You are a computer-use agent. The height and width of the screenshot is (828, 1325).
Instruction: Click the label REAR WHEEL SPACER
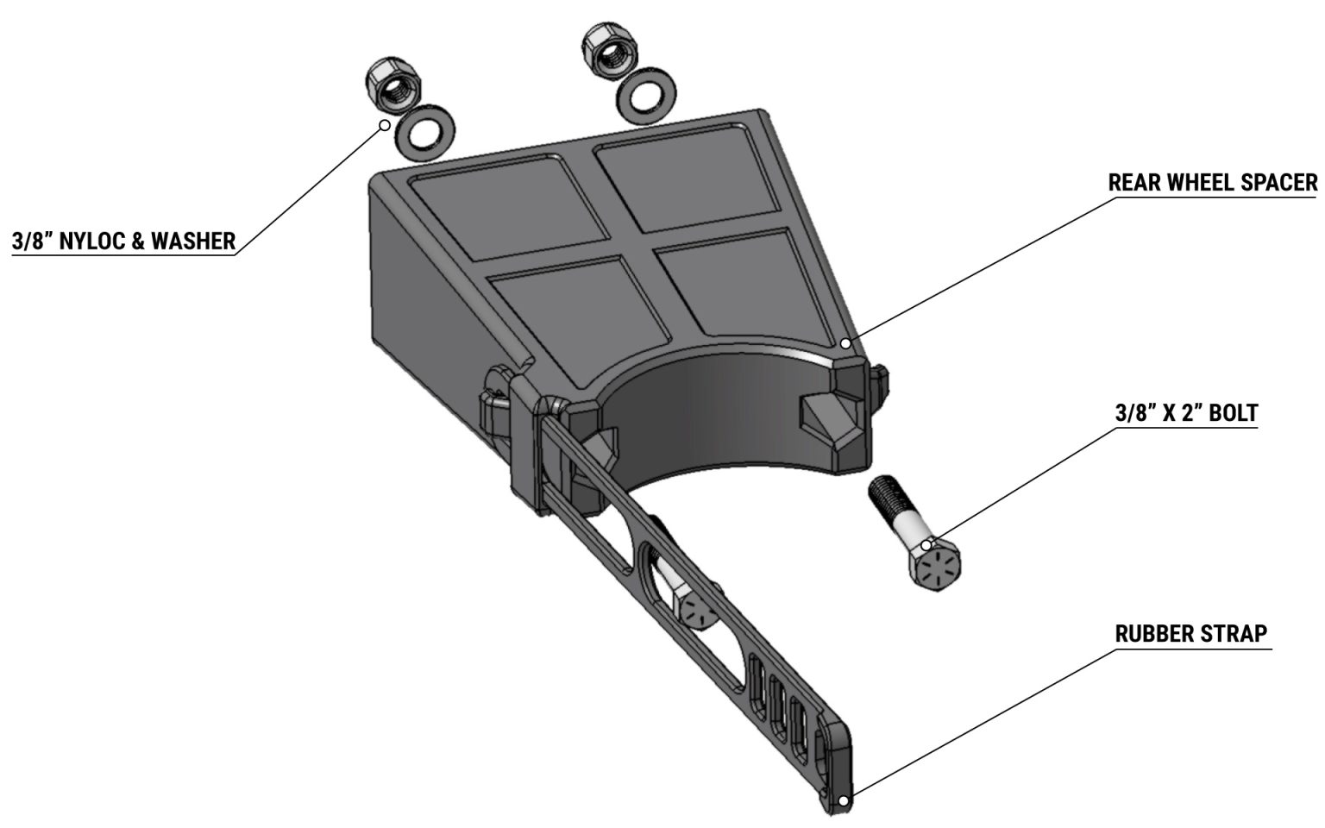point(1212,183)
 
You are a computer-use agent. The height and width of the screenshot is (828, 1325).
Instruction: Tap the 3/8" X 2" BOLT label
point(1186,412)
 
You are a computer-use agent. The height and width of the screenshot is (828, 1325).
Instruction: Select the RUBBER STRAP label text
point(1190,634)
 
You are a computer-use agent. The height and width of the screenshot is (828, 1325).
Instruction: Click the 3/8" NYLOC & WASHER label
point(123,241)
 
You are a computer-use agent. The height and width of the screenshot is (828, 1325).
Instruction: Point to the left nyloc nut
point(392,85)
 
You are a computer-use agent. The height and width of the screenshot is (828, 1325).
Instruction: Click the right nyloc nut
point(607,48)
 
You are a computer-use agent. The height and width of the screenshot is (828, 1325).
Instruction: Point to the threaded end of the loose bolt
point(883,495)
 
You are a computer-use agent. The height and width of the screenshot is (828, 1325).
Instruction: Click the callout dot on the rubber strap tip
point(843,800)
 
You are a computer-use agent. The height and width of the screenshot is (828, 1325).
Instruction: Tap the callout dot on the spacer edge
point(846,343)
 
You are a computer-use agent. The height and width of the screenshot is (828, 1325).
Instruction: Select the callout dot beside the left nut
point(384,125)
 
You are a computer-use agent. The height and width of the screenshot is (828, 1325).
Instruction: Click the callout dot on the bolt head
point(926,545)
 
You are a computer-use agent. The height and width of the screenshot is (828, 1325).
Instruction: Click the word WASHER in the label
point(193,241)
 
